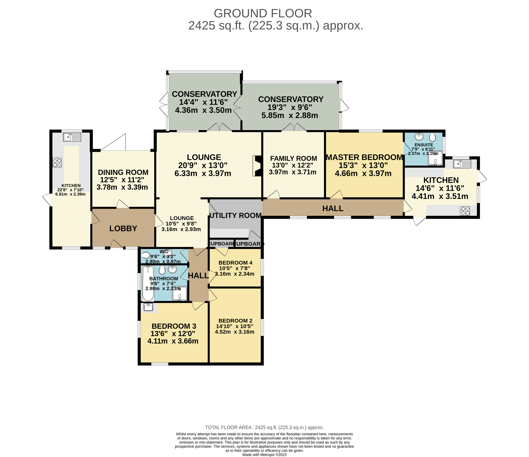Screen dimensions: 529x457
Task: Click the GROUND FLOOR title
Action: point(263,13)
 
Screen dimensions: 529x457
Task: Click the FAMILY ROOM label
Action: point(293,158)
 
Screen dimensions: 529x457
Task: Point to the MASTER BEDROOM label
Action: point(365,157)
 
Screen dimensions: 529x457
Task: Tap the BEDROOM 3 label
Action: point(174,326)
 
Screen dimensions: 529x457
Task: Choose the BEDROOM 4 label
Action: point(235,263)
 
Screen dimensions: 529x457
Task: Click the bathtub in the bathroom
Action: point(148,284)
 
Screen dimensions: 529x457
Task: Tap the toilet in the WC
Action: point(145,255)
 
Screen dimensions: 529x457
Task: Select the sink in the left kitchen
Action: point(72,137)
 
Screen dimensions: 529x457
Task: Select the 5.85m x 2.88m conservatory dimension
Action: point(290,115)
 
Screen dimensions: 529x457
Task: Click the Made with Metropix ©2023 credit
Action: point(265,455)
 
